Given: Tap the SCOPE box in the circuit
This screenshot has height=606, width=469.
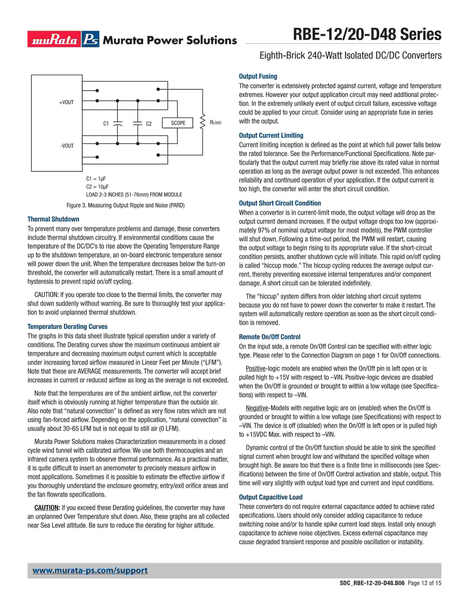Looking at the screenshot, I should coord(178,123).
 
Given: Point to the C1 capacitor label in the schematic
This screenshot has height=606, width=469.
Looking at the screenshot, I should coord(106,123).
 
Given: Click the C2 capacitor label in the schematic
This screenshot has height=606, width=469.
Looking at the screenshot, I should coord(149,123).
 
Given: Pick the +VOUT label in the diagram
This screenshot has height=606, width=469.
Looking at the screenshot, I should coord(66,102).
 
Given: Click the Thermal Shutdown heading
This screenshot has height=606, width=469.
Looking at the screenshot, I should coord(53,219).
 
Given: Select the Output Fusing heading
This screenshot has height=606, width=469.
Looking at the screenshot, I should coord(258,76).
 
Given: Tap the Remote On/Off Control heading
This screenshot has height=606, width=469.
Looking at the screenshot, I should coord(269,337).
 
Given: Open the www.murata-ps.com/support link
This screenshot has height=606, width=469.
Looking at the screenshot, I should coord(90,571).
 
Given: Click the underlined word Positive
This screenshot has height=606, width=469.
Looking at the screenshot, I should coord(256,369).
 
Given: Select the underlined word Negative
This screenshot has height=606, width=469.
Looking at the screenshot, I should coord(257,408).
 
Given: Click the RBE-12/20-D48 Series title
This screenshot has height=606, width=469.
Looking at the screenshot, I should coord(367,35).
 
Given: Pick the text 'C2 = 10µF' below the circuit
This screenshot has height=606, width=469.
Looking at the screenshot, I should coord(97,187).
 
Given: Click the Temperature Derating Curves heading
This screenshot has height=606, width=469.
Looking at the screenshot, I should coord(67,327).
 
